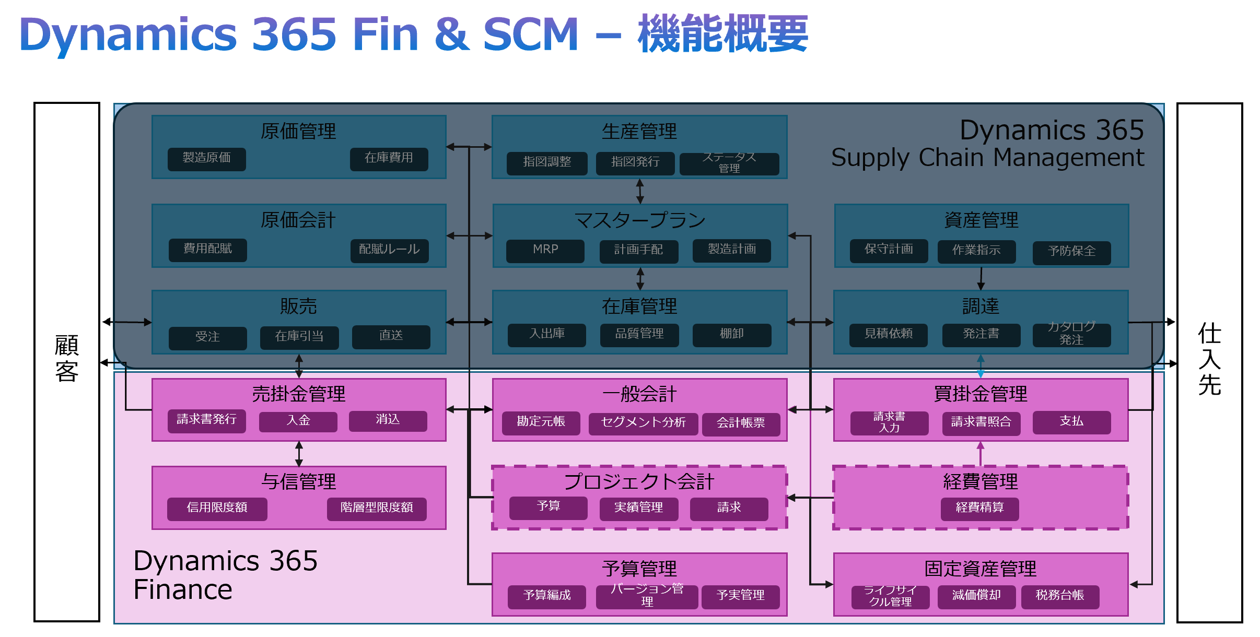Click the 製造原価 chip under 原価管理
pos(206,159)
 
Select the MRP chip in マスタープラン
pos(545,250)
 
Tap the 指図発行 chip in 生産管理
pos(635,162)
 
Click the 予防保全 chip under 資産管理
pos(1071,252)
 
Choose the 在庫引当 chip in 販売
pos(299,337)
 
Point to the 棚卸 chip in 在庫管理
pos(731,334)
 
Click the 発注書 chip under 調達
pos(981,334)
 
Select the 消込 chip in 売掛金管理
pos(388,420)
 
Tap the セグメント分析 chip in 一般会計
pos(643,423)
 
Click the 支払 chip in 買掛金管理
pos(1071,422)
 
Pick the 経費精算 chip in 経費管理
pos(979,508)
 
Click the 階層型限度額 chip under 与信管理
pos(376,508)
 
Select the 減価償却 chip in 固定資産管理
pos(976,596)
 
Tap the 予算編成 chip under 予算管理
pos(546,596)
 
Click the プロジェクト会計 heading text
pos(638,481)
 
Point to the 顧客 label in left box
pos(66,358)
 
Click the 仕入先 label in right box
pos(1209,359)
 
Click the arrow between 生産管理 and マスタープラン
pos(639,191)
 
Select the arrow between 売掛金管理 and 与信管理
pos(299,453)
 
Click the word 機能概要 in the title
pos(722,34)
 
